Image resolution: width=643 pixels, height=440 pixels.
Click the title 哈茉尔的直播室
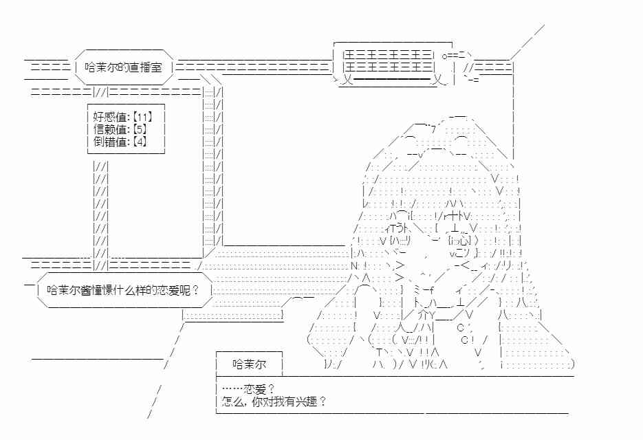(x=123, y=67)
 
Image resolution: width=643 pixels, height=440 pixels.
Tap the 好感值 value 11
(x=142, y=117)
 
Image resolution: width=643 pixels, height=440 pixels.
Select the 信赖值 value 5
(x=140, y=129)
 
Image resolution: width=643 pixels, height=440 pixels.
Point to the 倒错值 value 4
(x=140, y=142)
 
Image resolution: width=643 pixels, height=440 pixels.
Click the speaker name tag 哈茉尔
(x=249, y=364)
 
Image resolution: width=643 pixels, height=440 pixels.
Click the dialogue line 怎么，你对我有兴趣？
(x=274, y=401)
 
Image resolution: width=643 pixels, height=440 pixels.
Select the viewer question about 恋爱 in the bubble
(x=123, y=290)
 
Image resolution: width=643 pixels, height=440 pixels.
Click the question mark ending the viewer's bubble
(x=195, y=290)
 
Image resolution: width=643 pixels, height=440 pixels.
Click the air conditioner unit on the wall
(x=393, y=65)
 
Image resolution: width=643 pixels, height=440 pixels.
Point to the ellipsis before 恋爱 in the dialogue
(x=232, y=388)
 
